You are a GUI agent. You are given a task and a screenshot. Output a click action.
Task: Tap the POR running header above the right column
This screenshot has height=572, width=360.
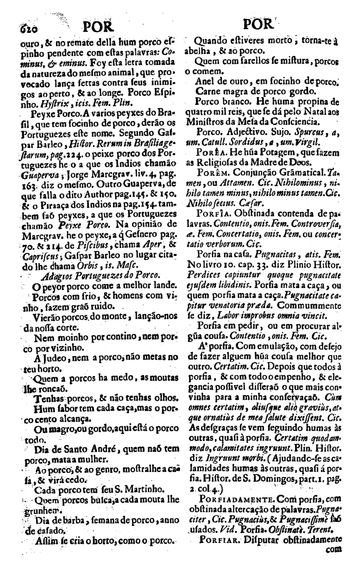(x=258, y=25)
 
